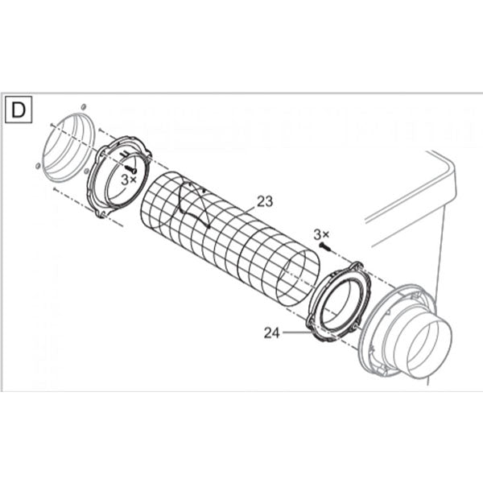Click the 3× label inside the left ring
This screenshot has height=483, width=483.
[129, 180]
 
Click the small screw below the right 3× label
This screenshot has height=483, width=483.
[323, 245]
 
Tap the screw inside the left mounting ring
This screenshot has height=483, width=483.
[130, 167]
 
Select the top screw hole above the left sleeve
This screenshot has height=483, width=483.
[83, 105]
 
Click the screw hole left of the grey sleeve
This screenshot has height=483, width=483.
[38, 165]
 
